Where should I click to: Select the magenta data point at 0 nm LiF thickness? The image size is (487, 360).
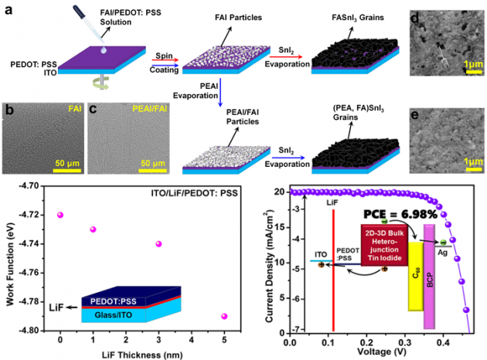pyautogui.click(x=60, y=215)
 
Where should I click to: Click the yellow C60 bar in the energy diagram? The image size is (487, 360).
pyautogui.click(x=415, y=276)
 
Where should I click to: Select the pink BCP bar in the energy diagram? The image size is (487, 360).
pyautogui.click(x=430, y=266)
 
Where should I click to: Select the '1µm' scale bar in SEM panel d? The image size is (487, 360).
pyautogui.click(x=467, y=59)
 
